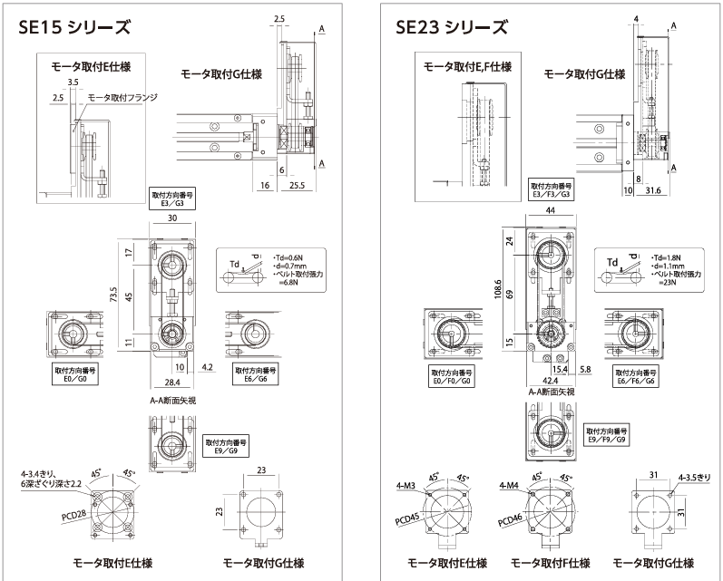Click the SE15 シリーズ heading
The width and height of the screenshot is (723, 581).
(73, 26)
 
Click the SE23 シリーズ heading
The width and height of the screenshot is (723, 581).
(451, 26)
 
